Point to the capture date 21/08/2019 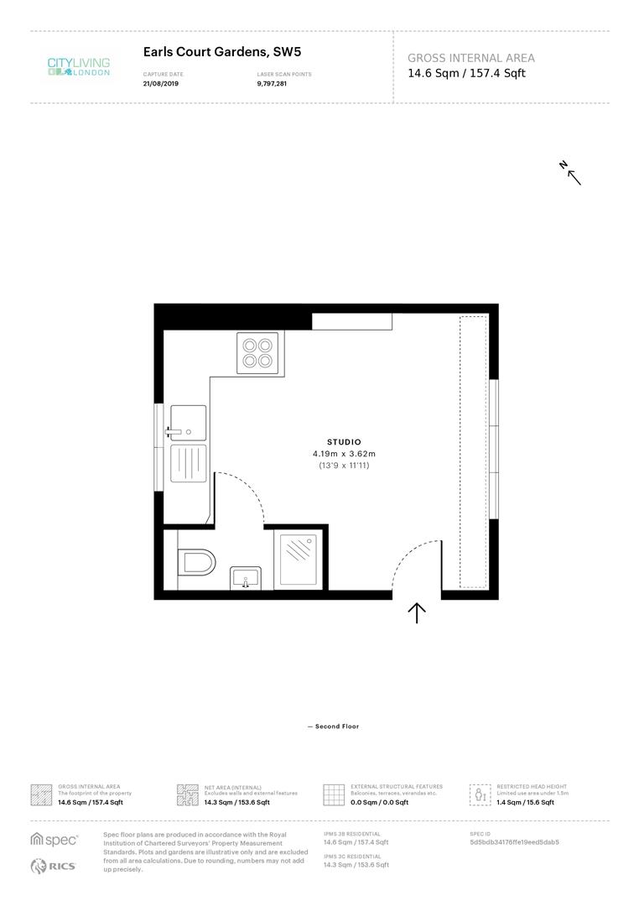click(x=160, y=84)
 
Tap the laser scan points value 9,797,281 click(x=272, y=84)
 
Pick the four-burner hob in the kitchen click(x=257, y=352)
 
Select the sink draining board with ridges click(x=189, y=463)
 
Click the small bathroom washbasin click(x=245, y=578)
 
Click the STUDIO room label click(x=344, y=442)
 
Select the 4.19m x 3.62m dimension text click(x=344, y=454)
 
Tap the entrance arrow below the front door click(x=417, y=613)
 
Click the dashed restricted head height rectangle click(x=473, y=451)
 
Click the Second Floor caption click(x=334, y=726)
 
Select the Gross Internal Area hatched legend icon click(x=41, y=794)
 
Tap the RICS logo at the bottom click(x=53, y=866)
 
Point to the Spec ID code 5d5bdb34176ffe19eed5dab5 click(x=514, y=842)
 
